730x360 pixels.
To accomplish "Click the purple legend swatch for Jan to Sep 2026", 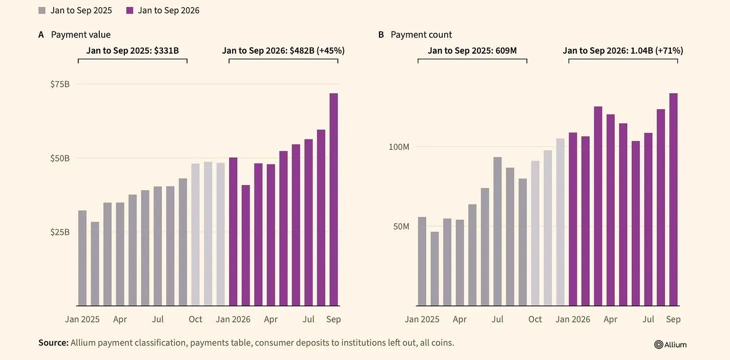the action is tap(130, 11).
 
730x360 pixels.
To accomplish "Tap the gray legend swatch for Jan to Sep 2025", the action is tap(42, 11).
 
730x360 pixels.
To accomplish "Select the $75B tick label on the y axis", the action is tap(60, 84).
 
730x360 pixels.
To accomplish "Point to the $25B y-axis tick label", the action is tap(60, 232).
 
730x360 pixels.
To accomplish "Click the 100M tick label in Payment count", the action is tap(399, 147).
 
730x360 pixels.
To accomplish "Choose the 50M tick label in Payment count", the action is tap(401, 227).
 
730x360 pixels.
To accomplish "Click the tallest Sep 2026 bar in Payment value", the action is tap(334, 200).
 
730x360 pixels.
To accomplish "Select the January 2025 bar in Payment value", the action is tap(82, 258).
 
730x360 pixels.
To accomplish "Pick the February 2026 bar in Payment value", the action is tap(246, 245).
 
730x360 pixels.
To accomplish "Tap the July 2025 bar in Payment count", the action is tap(498, 231).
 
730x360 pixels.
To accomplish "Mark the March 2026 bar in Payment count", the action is tap(598, 206).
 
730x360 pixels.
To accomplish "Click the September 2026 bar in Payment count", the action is tap(674, 200).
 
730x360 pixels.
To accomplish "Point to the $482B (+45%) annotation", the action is tap(317, 51).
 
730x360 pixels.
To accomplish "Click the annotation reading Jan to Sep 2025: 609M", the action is tap(472, 51).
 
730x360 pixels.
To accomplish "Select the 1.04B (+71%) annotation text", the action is tap(657, 51).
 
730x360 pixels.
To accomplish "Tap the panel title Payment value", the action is tap(81, 35).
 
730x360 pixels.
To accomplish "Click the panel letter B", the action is tap(381, 35).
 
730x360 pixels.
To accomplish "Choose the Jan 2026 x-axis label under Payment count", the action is tap(573, 319).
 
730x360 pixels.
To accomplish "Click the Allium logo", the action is tap(670, 344).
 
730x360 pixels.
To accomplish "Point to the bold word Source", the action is tap(54, 343).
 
